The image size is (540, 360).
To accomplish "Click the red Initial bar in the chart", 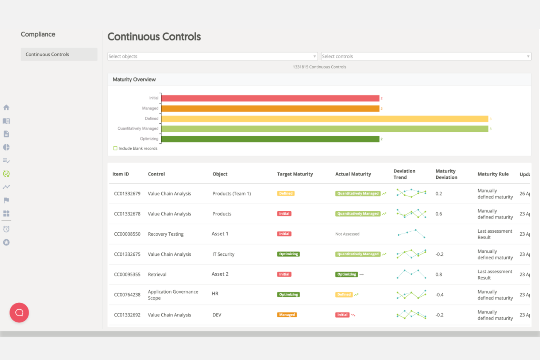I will [270, 98].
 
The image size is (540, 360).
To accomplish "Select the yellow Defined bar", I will [324, 119].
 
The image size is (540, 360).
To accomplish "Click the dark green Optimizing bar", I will [270, 139].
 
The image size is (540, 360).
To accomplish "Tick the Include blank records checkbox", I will [115, 148].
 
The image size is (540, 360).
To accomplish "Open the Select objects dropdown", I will [212, 57].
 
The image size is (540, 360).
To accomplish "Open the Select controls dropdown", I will [425, 57].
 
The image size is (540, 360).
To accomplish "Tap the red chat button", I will [19, 313].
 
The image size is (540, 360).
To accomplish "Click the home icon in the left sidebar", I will [6, 108].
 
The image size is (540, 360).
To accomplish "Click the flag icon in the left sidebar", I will [6, 200].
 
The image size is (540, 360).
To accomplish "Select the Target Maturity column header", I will [295, 174].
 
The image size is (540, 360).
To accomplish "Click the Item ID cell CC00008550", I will [127, 234].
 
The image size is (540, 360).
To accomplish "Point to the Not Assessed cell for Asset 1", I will [347, 234].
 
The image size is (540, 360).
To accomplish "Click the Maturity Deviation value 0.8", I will [439, 274].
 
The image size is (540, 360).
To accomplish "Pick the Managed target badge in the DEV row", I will [287, 315].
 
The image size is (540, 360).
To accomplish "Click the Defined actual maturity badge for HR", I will [344, 295].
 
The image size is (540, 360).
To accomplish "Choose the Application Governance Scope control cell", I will [173, 295].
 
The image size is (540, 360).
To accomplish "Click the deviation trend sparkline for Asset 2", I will [411, 274].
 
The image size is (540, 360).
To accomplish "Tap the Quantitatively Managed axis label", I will [138, 128].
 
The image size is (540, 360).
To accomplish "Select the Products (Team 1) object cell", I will [232, 194].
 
